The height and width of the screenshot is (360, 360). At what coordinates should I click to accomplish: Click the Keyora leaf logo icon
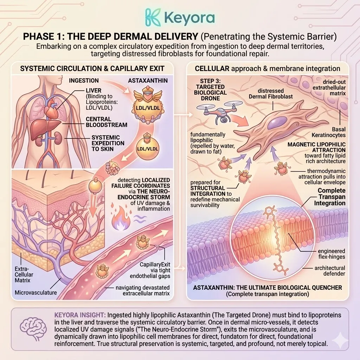click(x=154, y=17)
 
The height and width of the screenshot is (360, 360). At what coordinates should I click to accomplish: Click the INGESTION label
click(x=84, y=81)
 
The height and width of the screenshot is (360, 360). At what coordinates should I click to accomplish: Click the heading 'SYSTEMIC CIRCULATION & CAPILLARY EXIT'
click(x=92, y=69)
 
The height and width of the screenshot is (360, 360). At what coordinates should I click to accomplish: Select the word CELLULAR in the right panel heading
click(x=211, y=69)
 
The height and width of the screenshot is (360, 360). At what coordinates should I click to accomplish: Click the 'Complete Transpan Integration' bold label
click(x=332, y=197)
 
